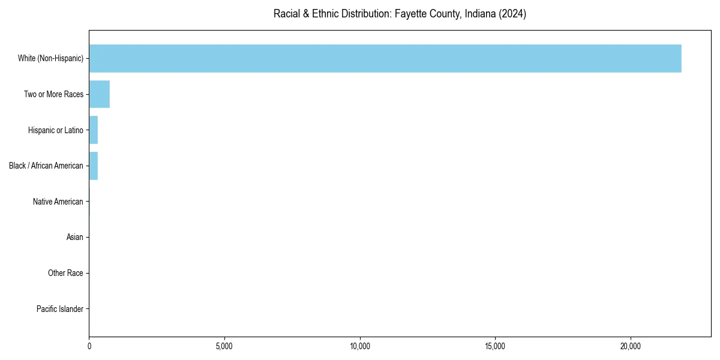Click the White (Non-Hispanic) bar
(x=385, y=58)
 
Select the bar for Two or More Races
(x=99, y=94)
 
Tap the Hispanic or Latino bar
(x=93, y=130)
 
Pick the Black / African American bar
(x=93, y=166)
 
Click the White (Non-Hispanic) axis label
(x=50, y=58)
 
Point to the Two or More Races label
(x=53, y=94)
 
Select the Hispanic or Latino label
(x=55, y=130)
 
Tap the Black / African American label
(x=46, y=166)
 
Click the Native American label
(x=58, y=202)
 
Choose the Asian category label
(x=74, y=238)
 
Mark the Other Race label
(x=65, y=274)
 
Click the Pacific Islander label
(x=59, y=309)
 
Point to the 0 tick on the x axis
(x=89, y=346)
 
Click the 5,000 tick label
(x=224, y=346)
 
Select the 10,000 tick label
(x=359, y=346)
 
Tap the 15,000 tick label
(x=494, y=346)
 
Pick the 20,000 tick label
(x=630, y=346)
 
